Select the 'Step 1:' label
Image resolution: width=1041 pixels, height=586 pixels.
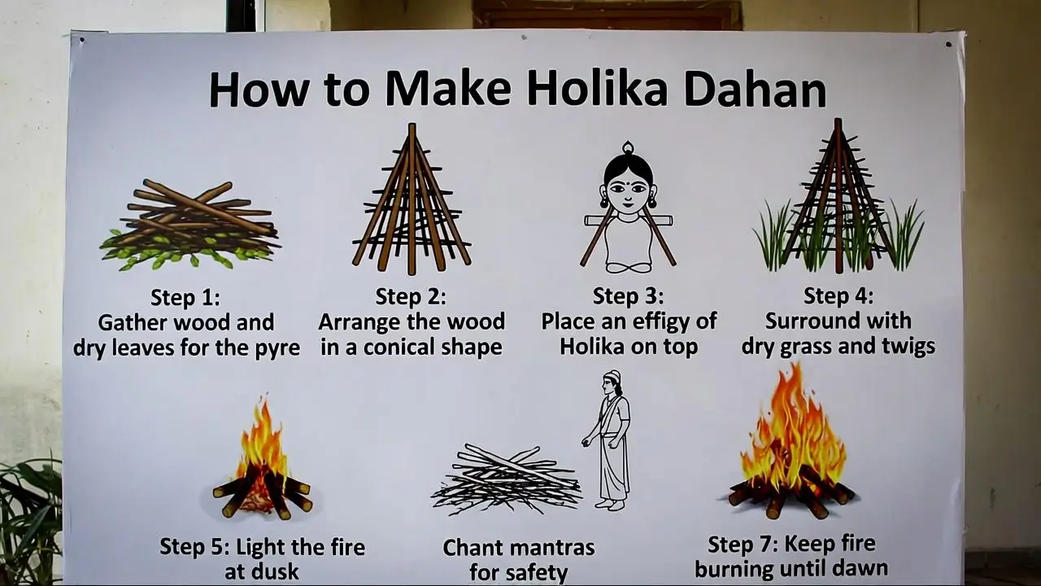(x=185, y=297)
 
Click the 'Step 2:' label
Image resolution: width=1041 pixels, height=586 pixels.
(x=411, y=296)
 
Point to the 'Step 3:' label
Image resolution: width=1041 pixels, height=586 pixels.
(x=628, y=295)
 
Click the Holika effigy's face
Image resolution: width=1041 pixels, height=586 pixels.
(x=628, y=190)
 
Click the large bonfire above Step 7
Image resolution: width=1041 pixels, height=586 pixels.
(x=790, y=452)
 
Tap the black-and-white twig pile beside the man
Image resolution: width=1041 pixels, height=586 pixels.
(x=506, y=480)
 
